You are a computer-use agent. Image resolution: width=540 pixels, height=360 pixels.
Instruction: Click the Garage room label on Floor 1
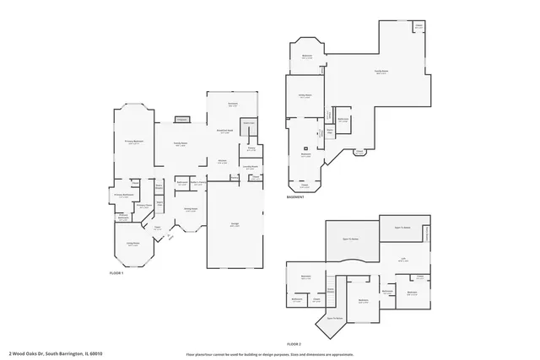pyautogui.click(x=235, y=225)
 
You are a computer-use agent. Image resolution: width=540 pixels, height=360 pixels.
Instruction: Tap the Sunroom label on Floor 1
pyautogui.click(x=232, y=105)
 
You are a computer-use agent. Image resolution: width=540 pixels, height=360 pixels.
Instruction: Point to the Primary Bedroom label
pyautogui.click(x=133, y=142)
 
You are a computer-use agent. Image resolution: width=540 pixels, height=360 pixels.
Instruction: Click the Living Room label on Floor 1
pyautogui.click(x=133, y=244)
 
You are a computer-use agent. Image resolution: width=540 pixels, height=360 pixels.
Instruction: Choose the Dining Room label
pyautogui.click(x=191, y=208)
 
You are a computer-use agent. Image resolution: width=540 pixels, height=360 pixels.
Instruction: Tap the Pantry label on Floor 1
pyautogui.click(x=251, y=149)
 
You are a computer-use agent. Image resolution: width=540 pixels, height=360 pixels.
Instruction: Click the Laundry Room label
pyautogui.click(x=251, y=166)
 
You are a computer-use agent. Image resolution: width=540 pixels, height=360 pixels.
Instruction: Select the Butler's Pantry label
pyautogui.click(x=198, y=183)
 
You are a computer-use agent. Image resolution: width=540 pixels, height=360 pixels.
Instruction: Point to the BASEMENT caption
pyautogui.click(x=295, y=197)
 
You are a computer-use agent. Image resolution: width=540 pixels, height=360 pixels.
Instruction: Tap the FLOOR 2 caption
pyautogui.click(x=294, y=344)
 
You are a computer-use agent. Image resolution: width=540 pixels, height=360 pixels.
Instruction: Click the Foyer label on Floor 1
pyautogui.click(x=157, y=227)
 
